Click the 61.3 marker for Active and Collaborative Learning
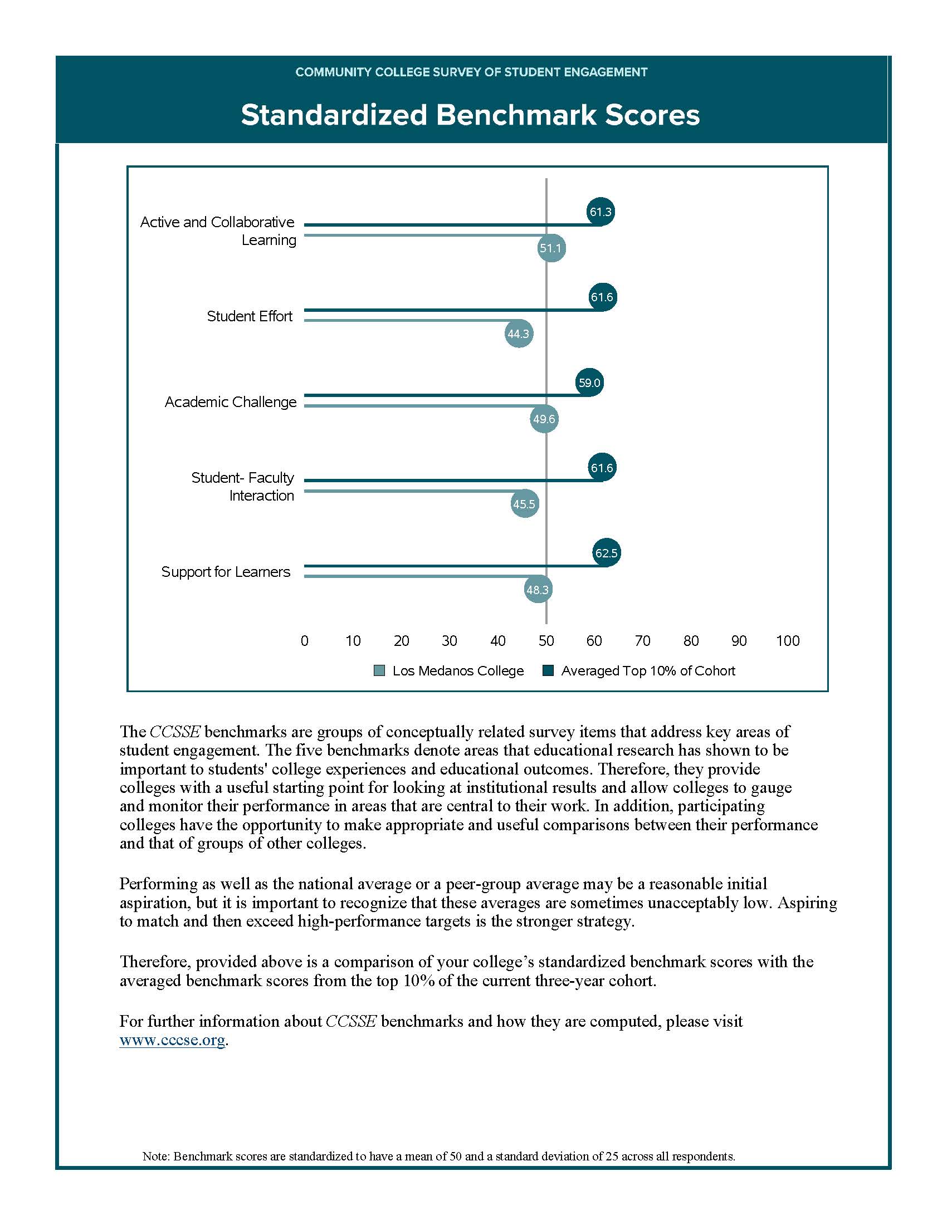point(601,212)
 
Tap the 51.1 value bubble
point(551,248)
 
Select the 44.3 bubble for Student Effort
point(519,334)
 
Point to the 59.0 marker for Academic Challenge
point(589,383)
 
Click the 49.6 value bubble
point(544,419)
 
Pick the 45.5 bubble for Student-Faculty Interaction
point(524,504)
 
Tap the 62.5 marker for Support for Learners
point(607,553)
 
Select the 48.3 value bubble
point(538,590)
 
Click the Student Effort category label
point(250,316)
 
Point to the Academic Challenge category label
point(231,402)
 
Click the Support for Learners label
point(226,571)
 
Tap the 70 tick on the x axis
point(642,640)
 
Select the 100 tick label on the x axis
point(788,640)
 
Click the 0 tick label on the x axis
point(305,640)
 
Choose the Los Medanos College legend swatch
point(379,671)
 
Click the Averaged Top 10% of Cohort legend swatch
point(548,671)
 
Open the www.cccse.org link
point(172,1040)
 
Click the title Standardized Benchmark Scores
point(470,115)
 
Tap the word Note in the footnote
point(155,1155)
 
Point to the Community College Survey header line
point(471,72)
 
